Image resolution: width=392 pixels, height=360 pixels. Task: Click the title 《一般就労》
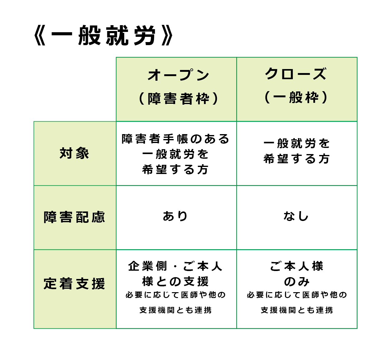(x=104, y=35)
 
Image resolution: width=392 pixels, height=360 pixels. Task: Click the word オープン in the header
(x=178, y=75)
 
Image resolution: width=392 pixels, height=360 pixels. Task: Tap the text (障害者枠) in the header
(x=178, y=98)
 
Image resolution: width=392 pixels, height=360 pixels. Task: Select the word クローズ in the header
(x=296, y=74)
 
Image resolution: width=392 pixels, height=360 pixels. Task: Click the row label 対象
(x=74, y=153)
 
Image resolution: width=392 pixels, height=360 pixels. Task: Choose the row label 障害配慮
(x=74, y=217)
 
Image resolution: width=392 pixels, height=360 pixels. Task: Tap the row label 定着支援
(x=74, y=284)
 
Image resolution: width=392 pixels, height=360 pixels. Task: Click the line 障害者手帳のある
(x=175, y=139)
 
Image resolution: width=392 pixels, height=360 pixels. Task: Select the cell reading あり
(x=175, y=216)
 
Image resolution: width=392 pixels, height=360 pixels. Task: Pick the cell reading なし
(x=296, y=216)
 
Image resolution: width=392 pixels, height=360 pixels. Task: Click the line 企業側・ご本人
(x=175, y=266)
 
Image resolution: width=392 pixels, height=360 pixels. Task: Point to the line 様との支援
(x=175, y=281)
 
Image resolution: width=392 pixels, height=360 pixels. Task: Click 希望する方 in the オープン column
(x=175, y=169)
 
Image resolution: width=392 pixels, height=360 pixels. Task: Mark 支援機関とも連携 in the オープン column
(x=175, y=310)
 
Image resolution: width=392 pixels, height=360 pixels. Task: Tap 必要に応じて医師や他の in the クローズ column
(x=297, y=295)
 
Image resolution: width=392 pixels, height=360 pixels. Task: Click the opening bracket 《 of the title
(x=40, y=35)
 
